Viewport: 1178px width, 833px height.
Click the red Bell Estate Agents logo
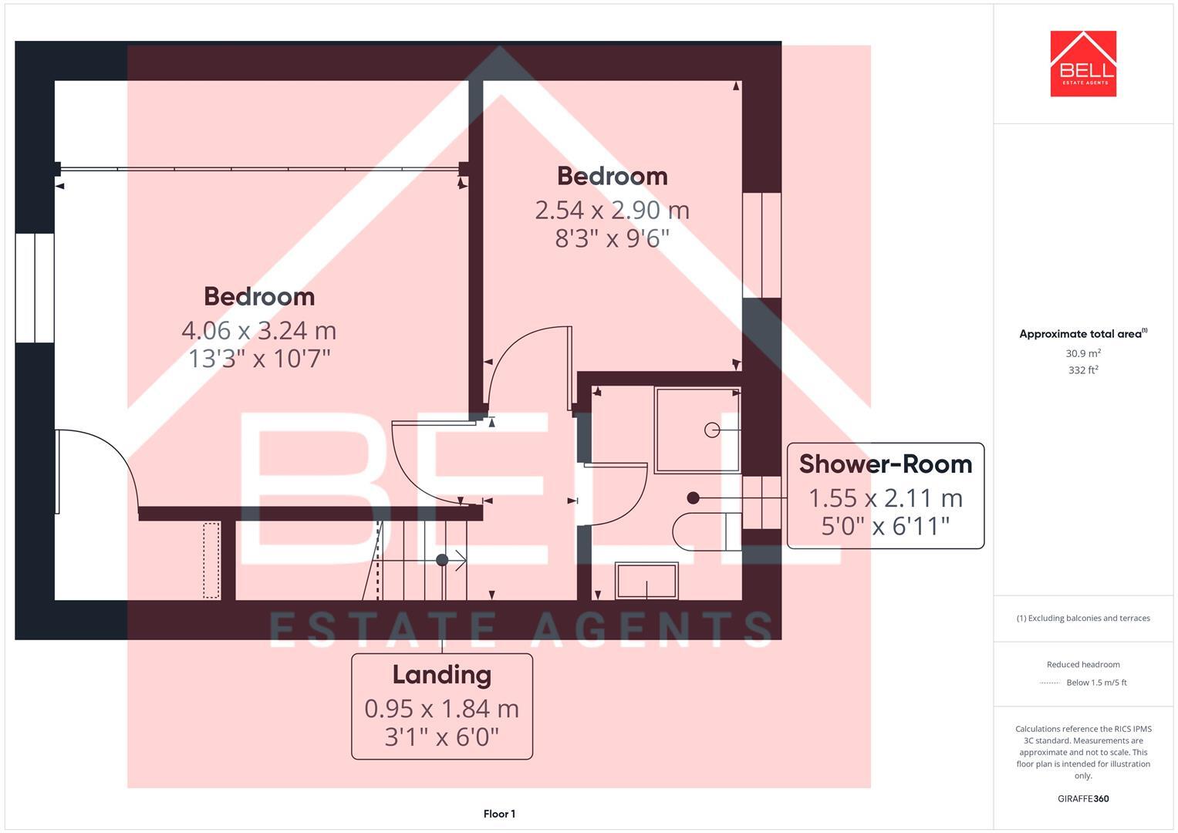(1083, 64)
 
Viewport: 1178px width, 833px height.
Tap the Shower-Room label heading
(885, 464)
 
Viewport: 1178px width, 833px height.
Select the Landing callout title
(441, 675)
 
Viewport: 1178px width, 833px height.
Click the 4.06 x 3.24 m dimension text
(258, 330)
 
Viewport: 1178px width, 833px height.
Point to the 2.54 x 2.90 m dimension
(612, 210)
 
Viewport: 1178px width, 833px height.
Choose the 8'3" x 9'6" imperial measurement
(612, 238)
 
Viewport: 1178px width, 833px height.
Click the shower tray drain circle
(712, 430)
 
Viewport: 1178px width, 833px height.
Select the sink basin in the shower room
(646, 581)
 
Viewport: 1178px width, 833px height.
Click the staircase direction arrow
(460, 560)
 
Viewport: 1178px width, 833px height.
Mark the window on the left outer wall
(35, 288)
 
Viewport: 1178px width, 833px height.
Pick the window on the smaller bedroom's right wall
(761, 245)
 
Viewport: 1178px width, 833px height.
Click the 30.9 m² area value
(1083, 353)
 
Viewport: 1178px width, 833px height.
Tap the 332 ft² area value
(1083, 370)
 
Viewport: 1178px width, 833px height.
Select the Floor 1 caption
(499, 814)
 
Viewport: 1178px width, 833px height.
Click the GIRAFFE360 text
(1083, 798)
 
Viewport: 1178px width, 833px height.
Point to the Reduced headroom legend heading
(1083, 664)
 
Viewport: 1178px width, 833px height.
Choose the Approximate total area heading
(1082, 334)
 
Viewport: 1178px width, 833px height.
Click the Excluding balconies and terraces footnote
(1083, 618)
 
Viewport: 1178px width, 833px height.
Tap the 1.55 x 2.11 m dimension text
(885, 498)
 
